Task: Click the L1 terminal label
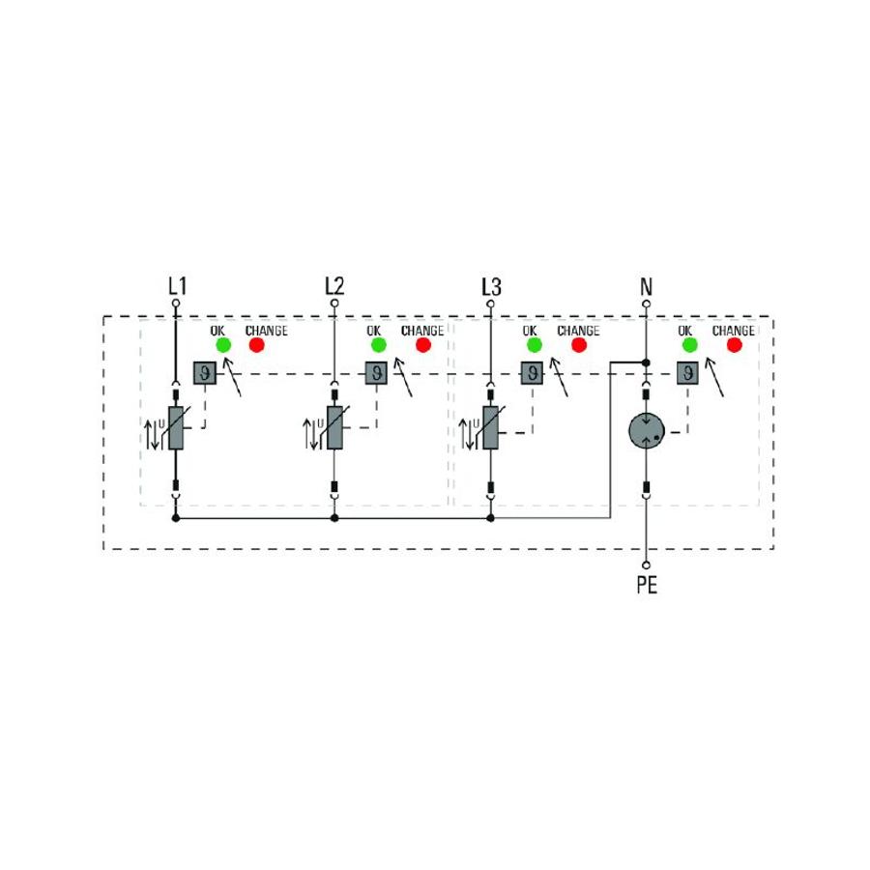point(178,286)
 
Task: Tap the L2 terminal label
point(334,286)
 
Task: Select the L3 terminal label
point(492,287)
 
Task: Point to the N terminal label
point(646,287)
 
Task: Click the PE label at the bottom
point(647,585)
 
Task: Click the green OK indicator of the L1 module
point(223,345)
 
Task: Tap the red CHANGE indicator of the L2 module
point(423,345)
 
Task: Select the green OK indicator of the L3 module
point(535,345)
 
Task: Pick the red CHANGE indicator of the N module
point(735,345)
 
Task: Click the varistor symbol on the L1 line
point(176,428)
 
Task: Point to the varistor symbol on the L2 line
point(334,428)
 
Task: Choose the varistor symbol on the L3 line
point(490,428)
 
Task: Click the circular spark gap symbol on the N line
point(647,430)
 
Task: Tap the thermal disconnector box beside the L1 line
point(205,373)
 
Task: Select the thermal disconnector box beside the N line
point(687,373)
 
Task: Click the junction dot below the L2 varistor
point(334,518)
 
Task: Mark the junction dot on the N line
point(646,362)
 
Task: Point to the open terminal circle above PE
point(646,565)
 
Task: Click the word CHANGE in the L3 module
point(579,331)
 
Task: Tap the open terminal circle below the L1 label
point(176,303)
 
